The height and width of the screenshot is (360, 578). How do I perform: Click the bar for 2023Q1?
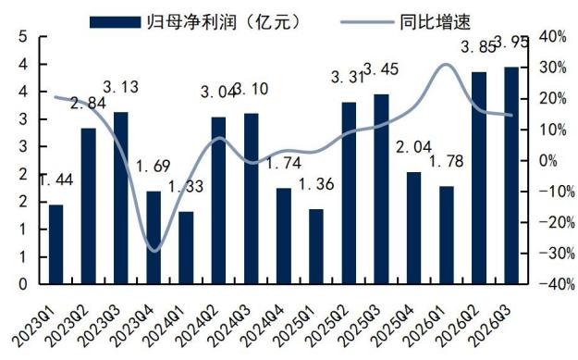[x=56, y=244]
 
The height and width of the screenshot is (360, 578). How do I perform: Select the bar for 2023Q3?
[x=121, y=198]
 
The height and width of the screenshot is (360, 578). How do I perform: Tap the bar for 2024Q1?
[x=186, y=247]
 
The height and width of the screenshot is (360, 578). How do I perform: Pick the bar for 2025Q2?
[x=349, y=192]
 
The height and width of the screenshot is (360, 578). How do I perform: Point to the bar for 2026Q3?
[x=511, y=176]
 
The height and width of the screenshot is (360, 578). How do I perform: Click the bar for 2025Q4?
[x=414, y=228]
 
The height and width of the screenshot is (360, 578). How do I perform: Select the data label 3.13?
[x=120, y=87]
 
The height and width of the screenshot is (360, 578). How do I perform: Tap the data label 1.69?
[x=154, y=166]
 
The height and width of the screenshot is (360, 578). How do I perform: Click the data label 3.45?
[x=381, y=69]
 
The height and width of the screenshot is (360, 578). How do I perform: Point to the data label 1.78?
[x=446, y=161]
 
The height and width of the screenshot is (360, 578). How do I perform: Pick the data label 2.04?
[x=413, y=147]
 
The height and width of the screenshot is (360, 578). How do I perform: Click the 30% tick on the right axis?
[x=552, y=68]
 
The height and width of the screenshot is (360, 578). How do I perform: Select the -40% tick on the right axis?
[x=557, y=284]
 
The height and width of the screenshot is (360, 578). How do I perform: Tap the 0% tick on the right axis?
[x=547, y=161]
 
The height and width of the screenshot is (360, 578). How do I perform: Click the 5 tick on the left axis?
[x=23, y=37]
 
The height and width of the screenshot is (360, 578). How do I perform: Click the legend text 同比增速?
[x=436, y=22]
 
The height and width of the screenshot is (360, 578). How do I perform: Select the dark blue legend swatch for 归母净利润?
[x=115, y=22]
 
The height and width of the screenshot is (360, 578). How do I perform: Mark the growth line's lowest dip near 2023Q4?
[x=155, y=251]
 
